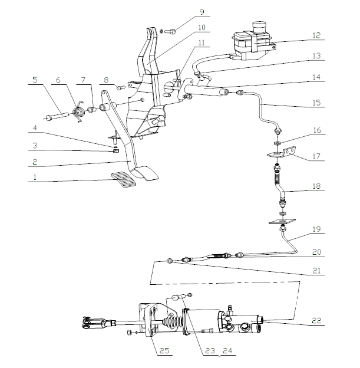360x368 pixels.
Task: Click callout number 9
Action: click(201, 12)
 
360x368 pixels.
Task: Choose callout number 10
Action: click(201, 27)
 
